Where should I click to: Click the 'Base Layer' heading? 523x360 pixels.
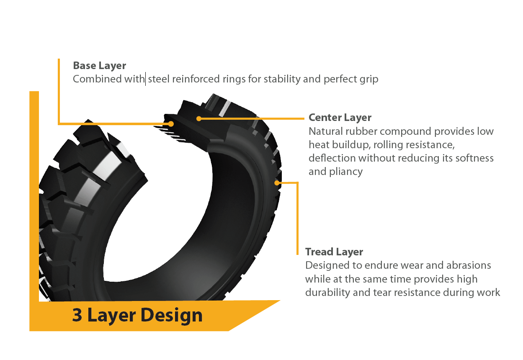click(x=100, y=66)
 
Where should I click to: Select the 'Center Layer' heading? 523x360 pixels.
click(x=340, y=118)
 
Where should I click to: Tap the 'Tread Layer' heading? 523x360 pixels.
click(x=334, y=252)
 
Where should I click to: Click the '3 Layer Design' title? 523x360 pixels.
click(x=137, y=316)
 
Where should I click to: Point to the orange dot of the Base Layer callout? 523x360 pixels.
click(x=171, y=124)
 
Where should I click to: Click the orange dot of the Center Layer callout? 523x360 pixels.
click(x=199, y=118)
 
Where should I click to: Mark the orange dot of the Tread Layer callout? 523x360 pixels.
click(x=277, y=183)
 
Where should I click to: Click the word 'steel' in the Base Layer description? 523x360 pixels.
click(x=159, y=79)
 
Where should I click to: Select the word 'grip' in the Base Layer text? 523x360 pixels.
click(x=369, y=80)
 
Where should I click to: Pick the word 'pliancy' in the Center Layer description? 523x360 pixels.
click(x=346, y=172)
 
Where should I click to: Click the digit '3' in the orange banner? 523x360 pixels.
click(x=77, y=315)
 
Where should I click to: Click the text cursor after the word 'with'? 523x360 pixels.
click(x=145, y=79)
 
